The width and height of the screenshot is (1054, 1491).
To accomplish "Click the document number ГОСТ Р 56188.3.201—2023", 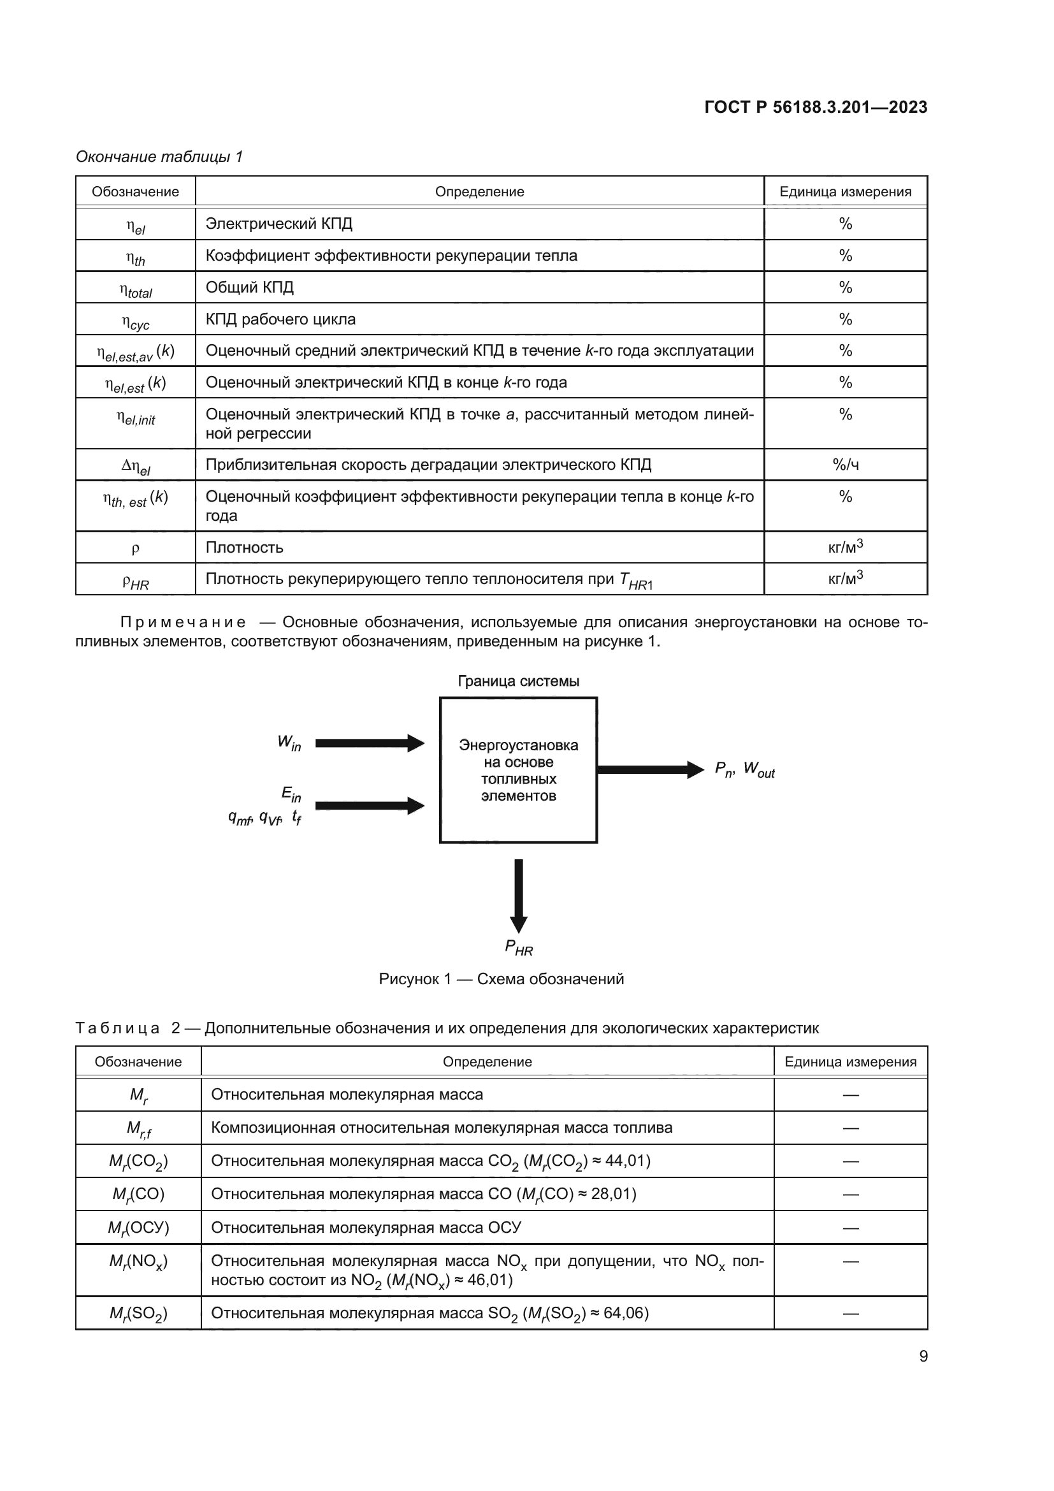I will coord(815,107).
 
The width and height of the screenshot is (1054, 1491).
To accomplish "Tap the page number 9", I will coord(923,1356).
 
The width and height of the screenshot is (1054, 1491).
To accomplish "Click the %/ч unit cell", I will coord(845,464).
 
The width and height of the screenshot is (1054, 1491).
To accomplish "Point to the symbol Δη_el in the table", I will coord(136,466).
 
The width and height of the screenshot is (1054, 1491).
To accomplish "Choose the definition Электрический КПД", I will coord(279,224).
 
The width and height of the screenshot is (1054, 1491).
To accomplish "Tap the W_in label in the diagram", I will coord(289,742).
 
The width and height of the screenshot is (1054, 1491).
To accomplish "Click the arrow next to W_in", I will coord(370,743).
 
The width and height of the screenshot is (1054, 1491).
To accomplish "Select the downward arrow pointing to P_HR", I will coord(519,896).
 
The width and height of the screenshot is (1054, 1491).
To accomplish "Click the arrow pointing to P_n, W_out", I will coord(649,769).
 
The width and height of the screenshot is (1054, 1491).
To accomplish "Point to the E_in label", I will coord(291,794).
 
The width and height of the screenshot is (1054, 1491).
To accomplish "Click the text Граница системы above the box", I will coord(519,681).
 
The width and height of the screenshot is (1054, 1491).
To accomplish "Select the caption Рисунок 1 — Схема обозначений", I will coord(501,979).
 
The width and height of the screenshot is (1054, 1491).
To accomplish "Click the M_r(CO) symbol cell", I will coord(138,1193).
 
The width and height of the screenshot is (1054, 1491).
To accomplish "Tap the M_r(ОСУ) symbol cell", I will coord(138,1227).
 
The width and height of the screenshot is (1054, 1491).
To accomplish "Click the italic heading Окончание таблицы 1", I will coord(159,157).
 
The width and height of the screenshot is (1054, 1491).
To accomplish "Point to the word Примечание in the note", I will coord(183,623).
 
